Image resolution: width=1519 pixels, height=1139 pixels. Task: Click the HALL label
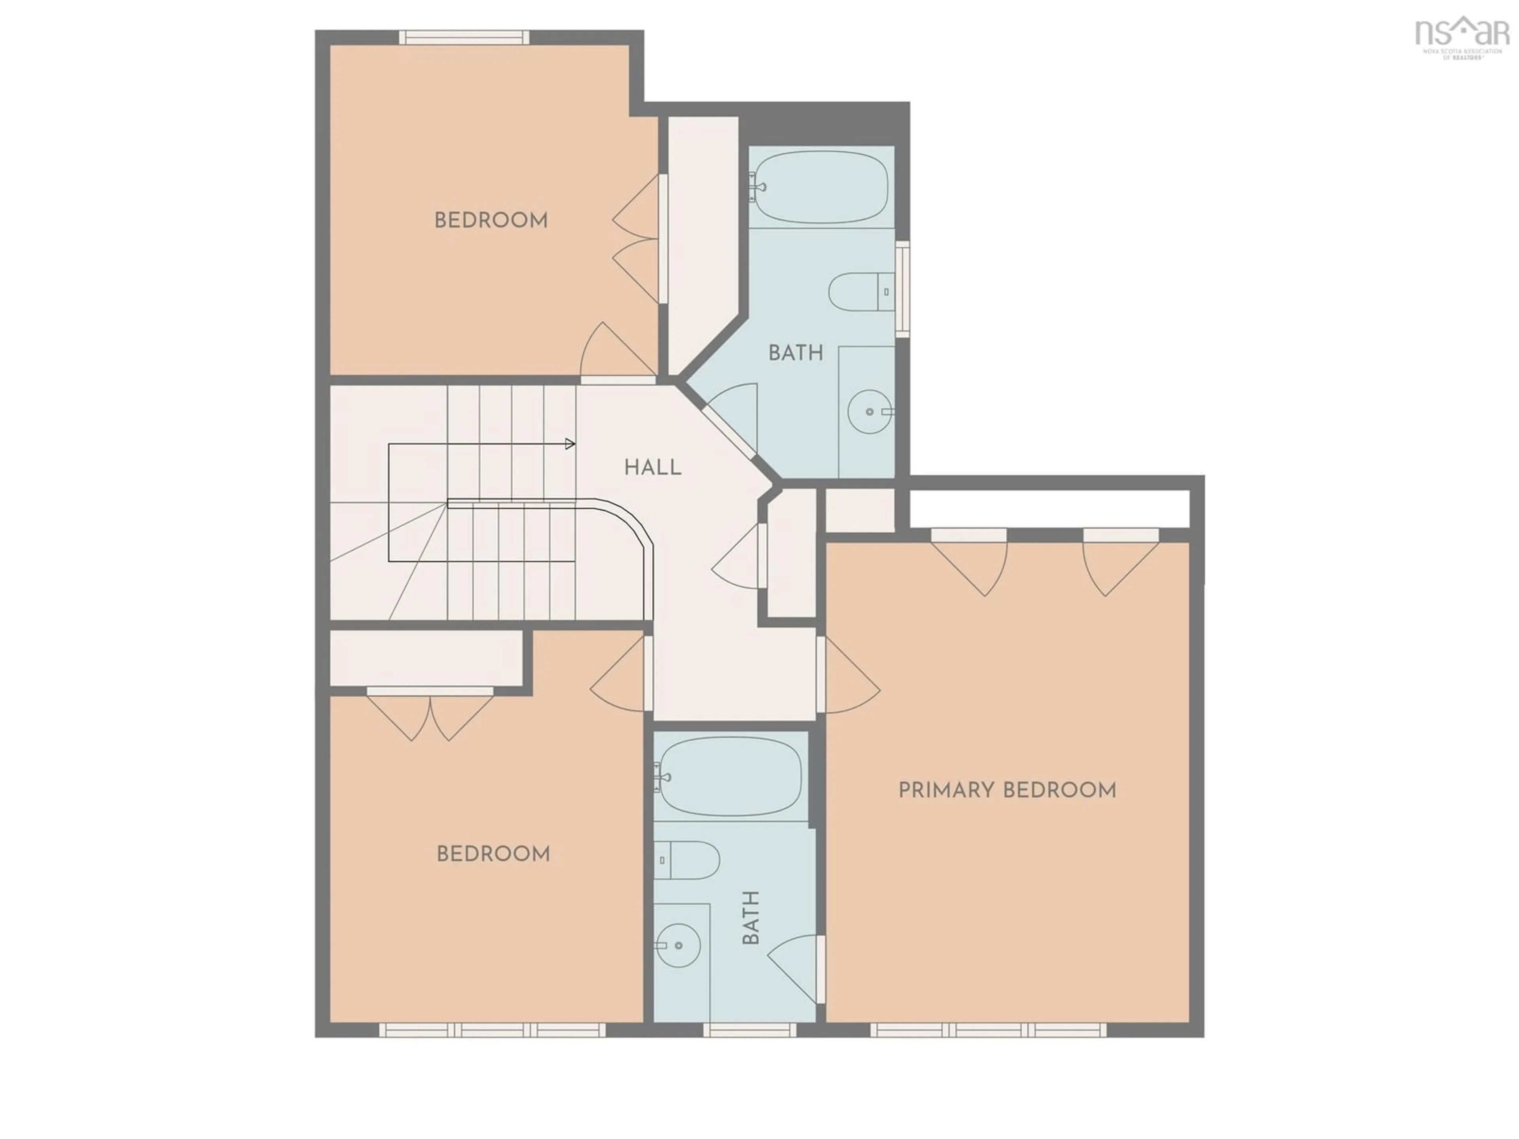[652, 467]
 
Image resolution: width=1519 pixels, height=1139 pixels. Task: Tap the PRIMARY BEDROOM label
[1007, 790]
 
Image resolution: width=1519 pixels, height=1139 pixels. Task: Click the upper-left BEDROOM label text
[491, 220]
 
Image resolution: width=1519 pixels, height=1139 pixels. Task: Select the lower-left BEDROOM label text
[493, 854]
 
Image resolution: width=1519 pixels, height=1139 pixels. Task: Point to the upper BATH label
[795, 353]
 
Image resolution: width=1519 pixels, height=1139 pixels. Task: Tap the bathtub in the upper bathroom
[821, 187]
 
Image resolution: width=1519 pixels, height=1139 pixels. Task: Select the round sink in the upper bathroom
[870, 412]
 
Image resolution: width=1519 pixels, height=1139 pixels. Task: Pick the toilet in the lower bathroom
[687, 860]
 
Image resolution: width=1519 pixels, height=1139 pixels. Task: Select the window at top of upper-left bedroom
[464, 37]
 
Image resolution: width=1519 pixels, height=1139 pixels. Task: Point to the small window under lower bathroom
[749, 1030]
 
